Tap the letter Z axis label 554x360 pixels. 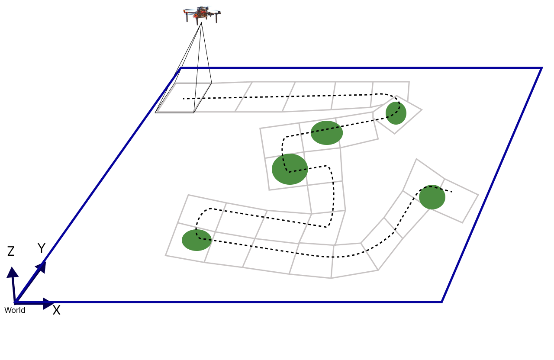click(x=11, y=251)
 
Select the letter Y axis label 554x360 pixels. click(x=42, y=248)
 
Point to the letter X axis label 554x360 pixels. click(x=56, y=310)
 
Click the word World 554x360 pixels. click(x=15, y=310)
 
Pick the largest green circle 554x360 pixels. click(x=290, y=169)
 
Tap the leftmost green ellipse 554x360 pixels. click(x=196, y=240)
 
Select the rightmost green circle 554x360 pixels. click(x=432, y=197)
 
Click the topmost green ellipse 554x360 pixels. click(x=396, y=113)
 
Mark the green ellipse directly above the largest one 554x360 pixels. click(x=327, y=133)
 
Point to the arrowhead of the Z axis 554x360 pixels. click(x=13, y=272)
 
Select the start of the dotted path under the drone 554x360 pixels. click(x=184, y=99)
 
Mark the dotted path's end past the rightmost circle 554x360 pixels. click(x=451, y=192)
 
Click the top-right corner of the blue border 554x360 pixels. click(x=541, y=68)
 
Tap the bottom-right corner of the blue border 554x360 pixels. click(x=441, y=302)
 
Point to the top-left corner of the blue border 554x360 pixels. click(x=181, y=68)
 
